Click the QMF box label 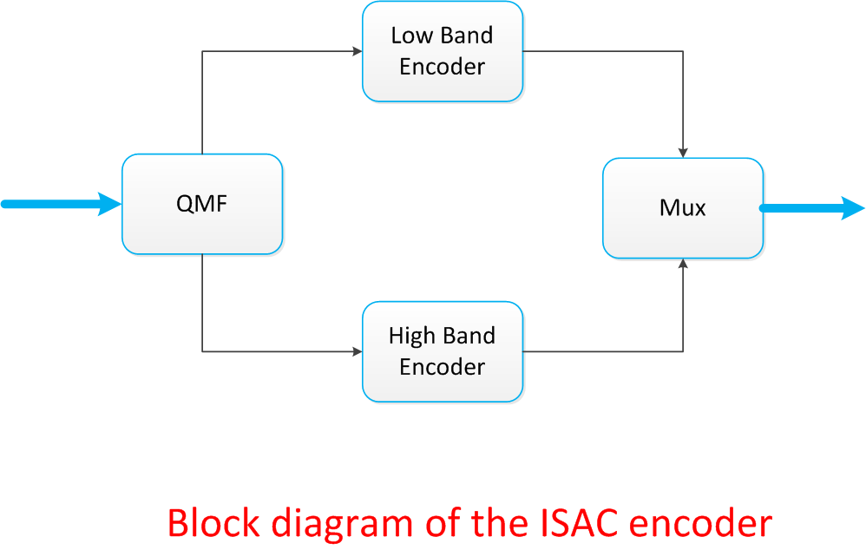click(x=202, y=205)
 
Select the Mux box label click(x=683, y=208)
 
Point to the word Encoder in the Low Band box click(x=442, y=67)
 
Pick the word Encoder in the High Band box click(x=442, y=367)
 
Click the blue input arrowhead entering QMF click(x=111, y=204)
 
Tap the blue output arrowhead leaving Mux click(x=853, y=208)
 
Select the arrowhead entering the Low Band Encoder click(x=357, y=51)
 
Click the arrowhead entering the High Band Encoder click(x=357, y=351)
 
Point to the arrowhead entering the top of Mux click(x=684, y=152)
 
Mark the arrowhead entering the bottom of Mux click(x=684, y=264)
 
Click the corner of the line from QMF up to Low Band click(x=202, y=51)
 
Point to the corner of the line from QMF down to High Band click(x=202, y=351)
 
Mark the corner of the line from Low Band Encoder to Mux click(x=684, y=51)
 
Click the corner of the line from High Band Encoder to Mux click(x=684, y=351)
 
